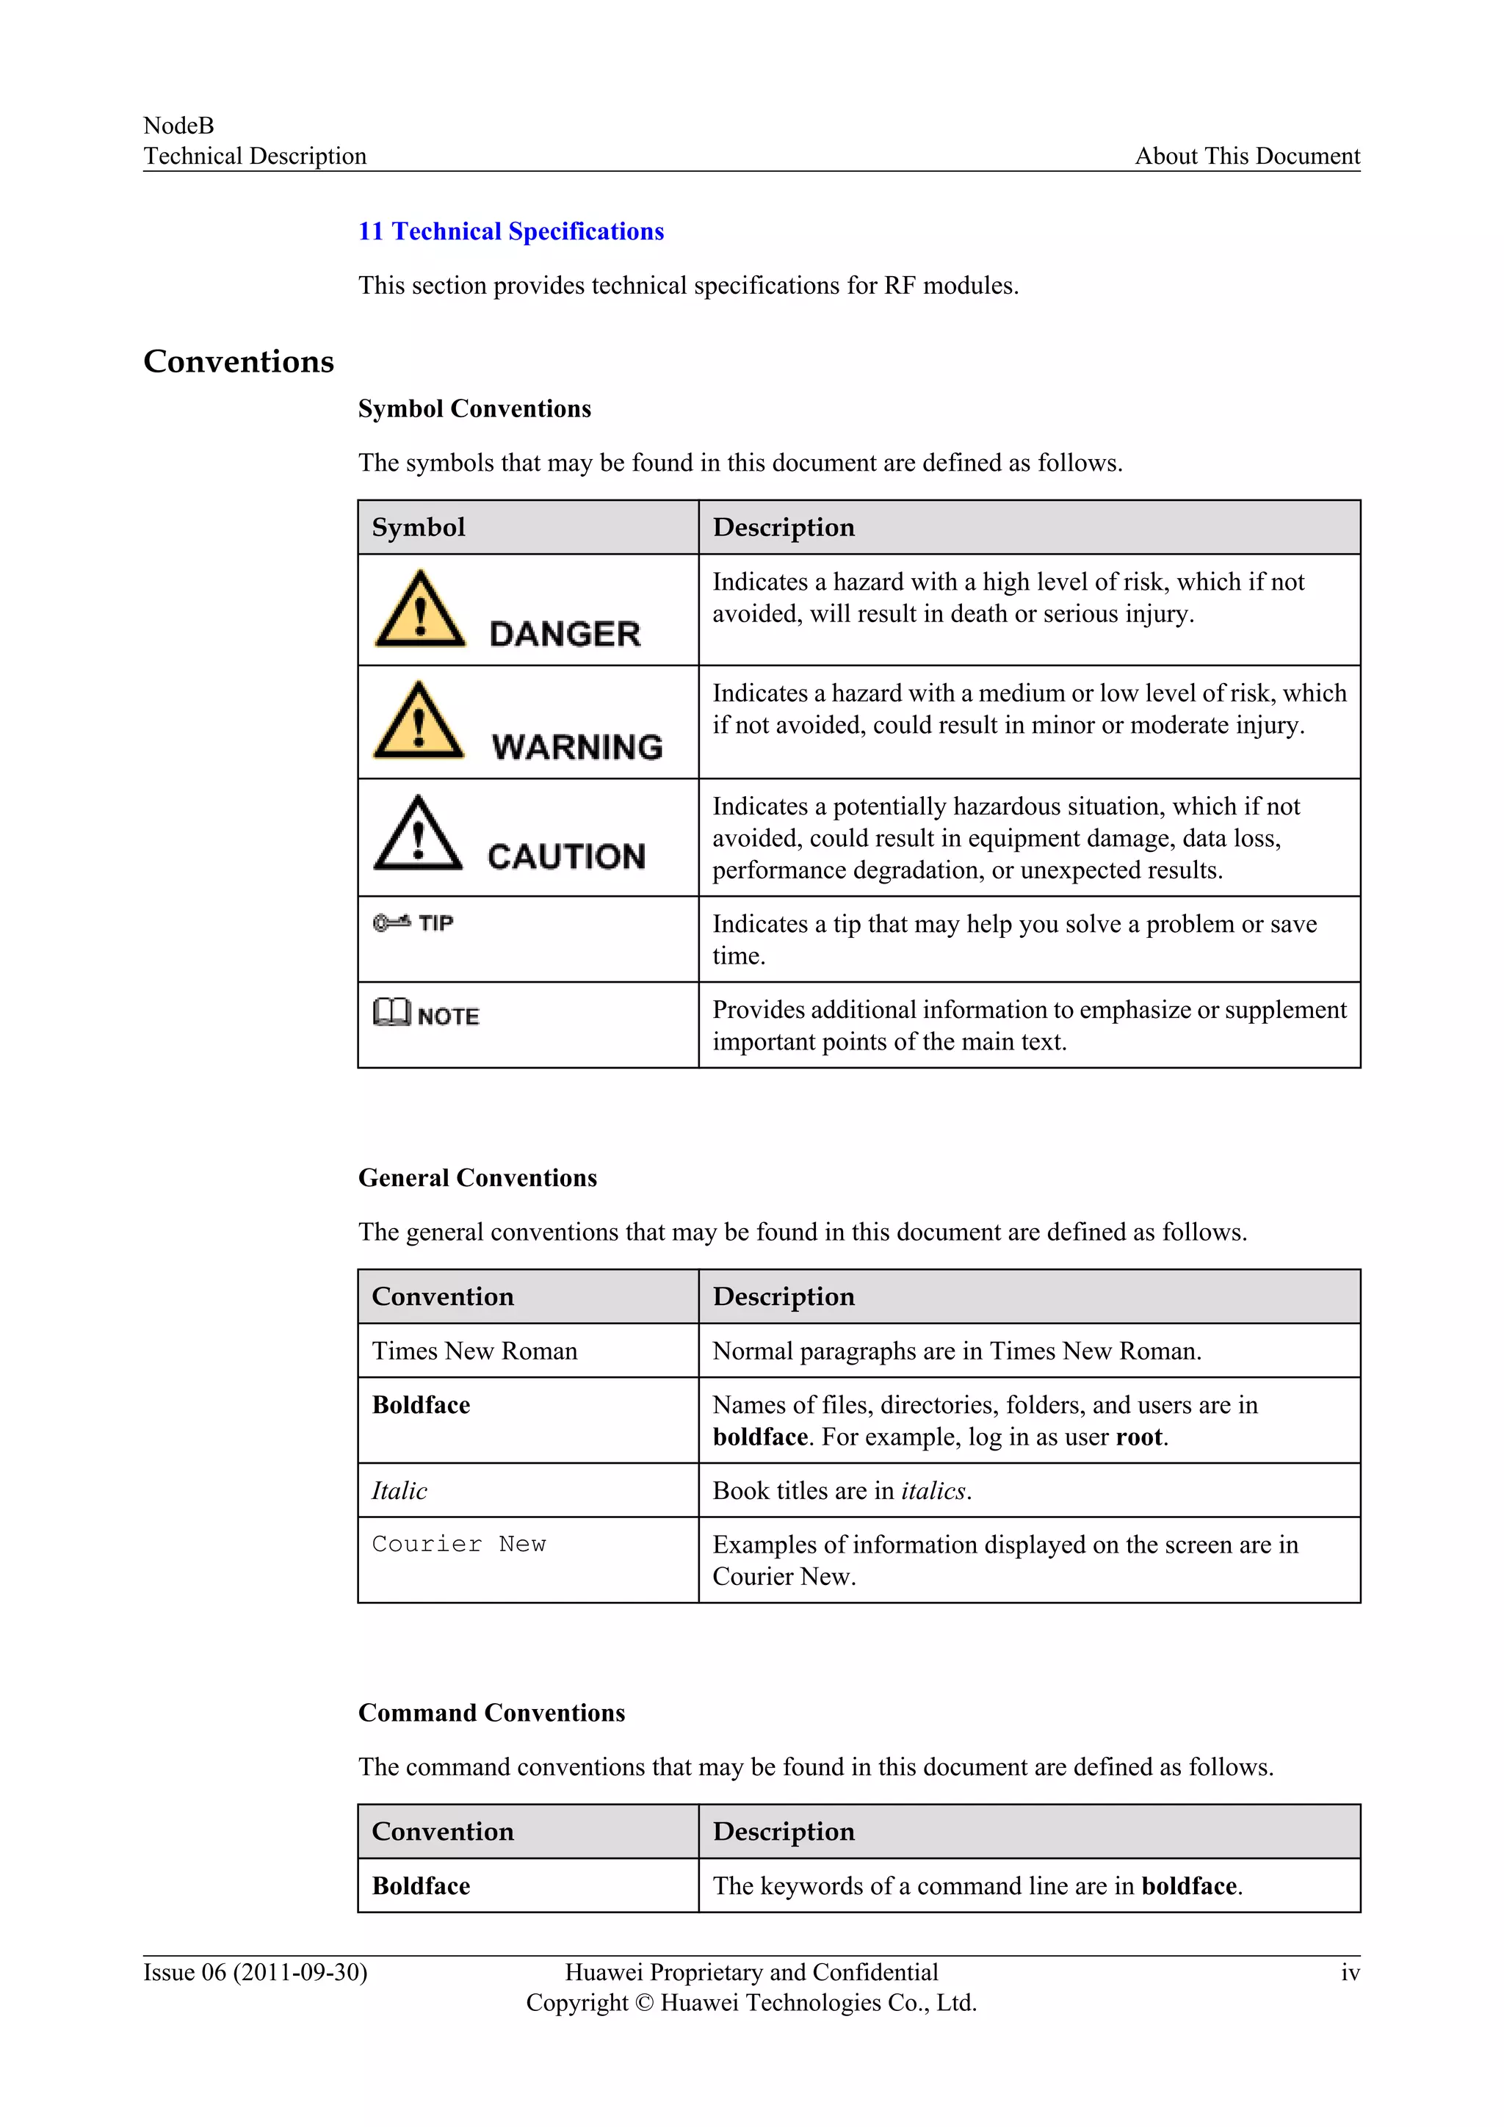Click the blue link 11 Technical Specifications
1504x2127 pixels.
(x=511, y=231)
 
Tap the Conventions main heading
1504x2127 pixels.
(x=238, y=361)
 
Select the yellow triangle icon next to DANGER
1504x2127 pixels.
(x=419, y=610)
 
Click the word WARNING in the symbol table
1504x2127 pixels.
(x=577, y=747)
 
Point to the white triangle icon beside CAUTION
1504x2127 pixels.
(x=418, y=834)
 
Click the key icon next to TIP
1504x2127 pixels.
(x=391, y=922)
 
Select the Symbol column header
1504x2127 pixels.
(x=419, y=528)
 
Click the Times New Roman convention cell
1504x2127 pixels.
(x=474, y=1351)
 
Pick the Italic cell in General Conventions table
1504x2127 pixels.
(x=399, y=1490)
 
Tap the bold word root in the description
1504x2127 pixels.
(x=1139, y=1437)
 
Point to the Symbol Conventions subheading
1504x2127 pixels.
(x=474, y=408)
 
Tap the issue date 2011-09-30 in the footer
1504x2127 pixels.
(x=300, y=1972)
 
